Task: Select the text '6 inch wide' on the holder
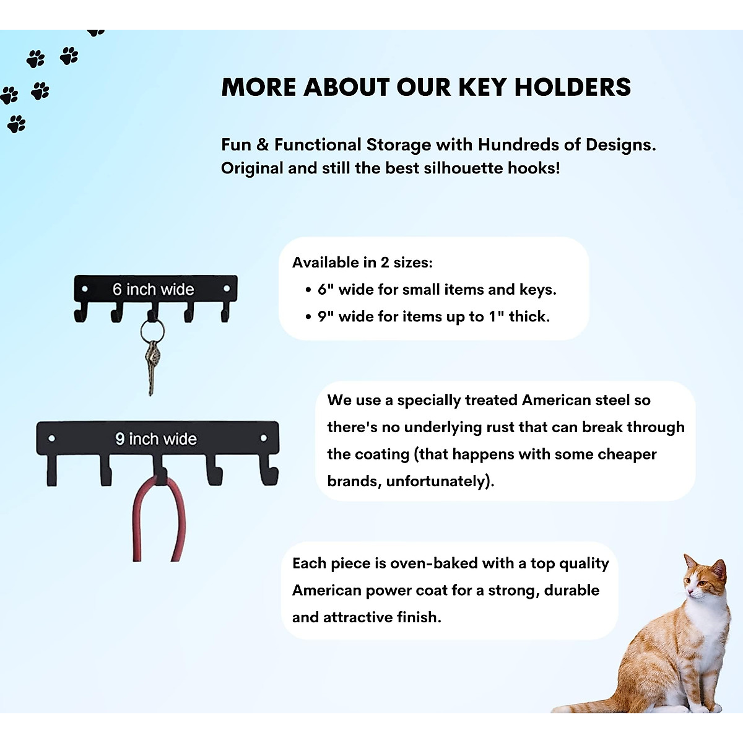(153, 289)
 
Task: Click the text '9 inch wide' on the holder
(155, 439)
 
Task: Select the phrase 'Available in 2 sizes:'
(362, 263)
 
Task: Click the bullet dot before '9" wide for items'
(308, 318)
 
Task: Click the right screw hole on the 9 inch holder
(263, 438)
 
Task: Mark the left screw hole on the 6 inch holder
(85, 289)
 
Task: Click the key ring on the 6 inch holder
(152, 331)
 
